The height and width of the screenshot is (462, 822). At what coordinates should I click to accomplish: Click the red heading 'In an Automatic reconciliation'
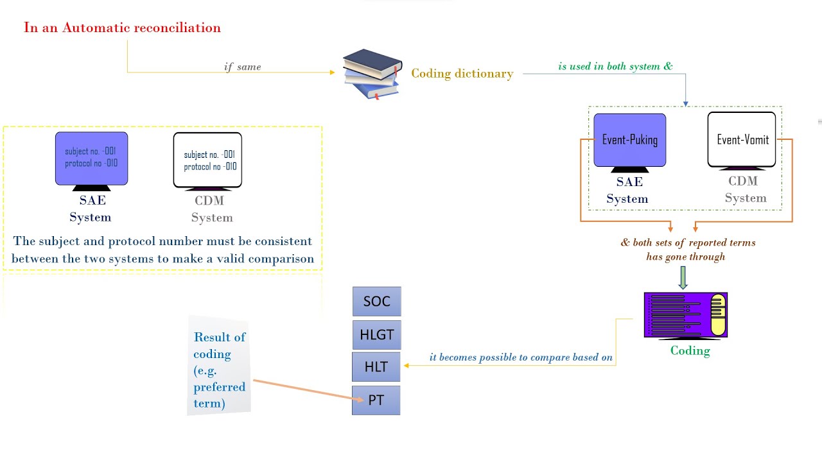pyautogui.click(x=122, y=28)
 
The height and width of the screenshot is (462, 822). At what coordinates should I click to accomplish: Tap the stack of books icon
pyautogui.click(x=372, y=73)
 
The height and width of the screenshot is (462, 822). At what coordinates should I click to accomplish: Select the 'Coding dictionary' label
pyautogui.click(x=462, y=73)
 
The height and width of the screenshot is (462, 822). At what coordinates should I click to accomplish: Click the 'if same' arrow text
pyautogui.click(x=242, y=67)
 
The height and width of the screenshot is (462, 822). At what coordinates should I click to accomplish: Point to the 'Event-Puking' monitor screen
pyautogui.click(x=629, y=140)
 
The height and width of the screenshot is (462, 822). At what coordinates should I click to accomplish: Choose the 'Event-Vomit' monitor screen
pyautogui.click(x=742, y=140)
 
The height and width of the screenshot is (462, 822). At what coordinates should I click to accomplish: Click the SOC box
pyautogui.click(x=376, y=302)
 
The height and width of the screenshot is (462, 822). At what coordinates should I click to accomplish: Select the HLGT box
pyautogui.click(x=376, y=334)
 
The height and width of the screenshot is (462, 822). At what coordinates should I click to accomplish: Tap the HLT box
pyautogui.click(x=376, y=367)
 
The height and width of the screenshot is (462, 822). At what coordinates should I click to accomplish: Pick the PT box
pyautogui.click(x=376, y=400)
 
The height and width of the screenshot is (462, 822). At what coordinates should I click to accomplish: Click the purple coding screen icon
pyautogui.click(x=685, y=315)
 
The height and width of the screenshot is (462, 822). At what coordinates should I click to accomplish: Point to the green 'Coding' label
pyautogui.click(x=690, y=350)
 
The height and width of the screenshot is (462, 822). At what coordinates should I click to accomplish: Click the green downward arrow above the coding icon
pyautogui.click(x=683, y=277)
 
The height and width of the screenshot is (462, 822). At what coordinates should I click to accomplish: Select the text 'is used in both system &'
pyautogui.click(x=615, y=66)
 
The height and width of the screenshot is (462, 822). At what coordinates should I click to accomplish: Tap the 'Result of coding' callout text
pyautogui.click(x=219, y=370)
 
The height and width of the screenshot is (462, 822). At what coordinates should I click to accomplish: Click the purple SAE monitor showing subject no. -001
pyautogui.click(x=91, y=158)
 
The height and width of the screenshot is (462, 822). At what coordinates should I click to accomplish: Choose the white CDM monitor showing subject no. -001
pyautogui.click(x=207, y=160)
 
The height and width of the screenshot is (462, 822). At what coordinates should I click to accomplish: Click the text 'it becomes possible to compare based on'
pyautogui.click(x=521, y=357)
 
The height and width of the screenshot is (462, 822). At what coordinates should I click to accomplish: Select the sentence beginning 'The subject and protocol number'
pyautogui.click(x=162, y=250)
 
